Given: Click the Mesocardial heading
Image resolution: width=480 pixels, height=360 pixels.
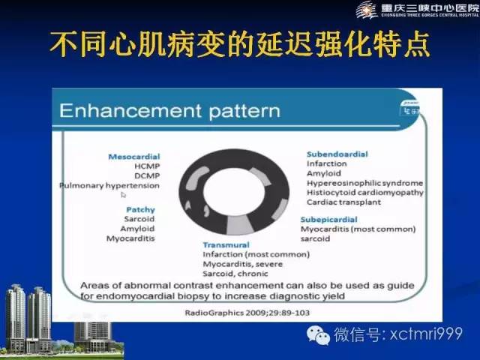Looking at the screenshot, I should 134,157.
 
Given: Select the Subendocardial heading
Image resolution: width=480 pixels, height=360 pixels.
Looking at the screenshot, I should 337,154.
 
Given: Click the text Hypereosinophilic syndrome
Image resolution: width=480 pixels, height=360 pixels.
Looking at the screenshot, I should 364,182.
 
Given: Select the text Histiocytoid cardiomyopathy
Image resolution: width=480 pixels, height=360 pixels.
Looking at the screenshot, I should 364,192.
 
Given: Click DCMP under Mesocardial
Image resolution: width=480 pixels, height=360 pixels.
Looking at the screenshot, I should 146,175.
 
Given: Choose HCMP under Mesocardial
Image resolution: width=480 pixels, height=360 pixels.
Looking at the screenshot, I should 146,166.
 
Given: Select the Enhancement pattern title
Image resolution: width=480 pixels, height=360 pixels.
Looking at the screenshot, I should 169,112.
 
